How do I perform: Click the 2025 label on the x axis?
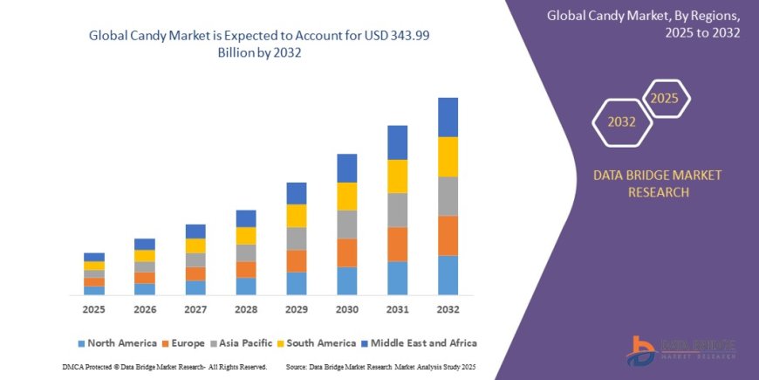[93, 310]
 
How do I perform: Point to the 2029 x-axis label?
[296, 310]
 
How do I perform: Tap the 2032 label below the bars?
[448, 310]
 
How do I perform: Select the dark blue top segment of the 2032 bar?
[448, 117]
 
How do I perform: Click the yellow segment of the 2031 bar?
[397, 176]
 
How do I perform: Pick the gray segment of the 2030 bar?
[346, 225]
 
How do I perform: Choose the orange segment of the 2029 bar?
[296, 261]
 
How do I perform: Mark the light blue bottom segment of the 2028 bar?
[246, 286]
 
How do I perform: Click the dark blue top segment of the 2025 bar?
[93, 257]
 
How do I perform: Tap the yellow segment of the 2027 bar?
[195, 245]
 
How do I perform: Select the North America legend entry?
[118, 343]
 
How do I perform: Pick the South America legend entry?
[318, 343]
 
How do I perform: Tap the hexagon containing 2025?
[665, 97]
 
